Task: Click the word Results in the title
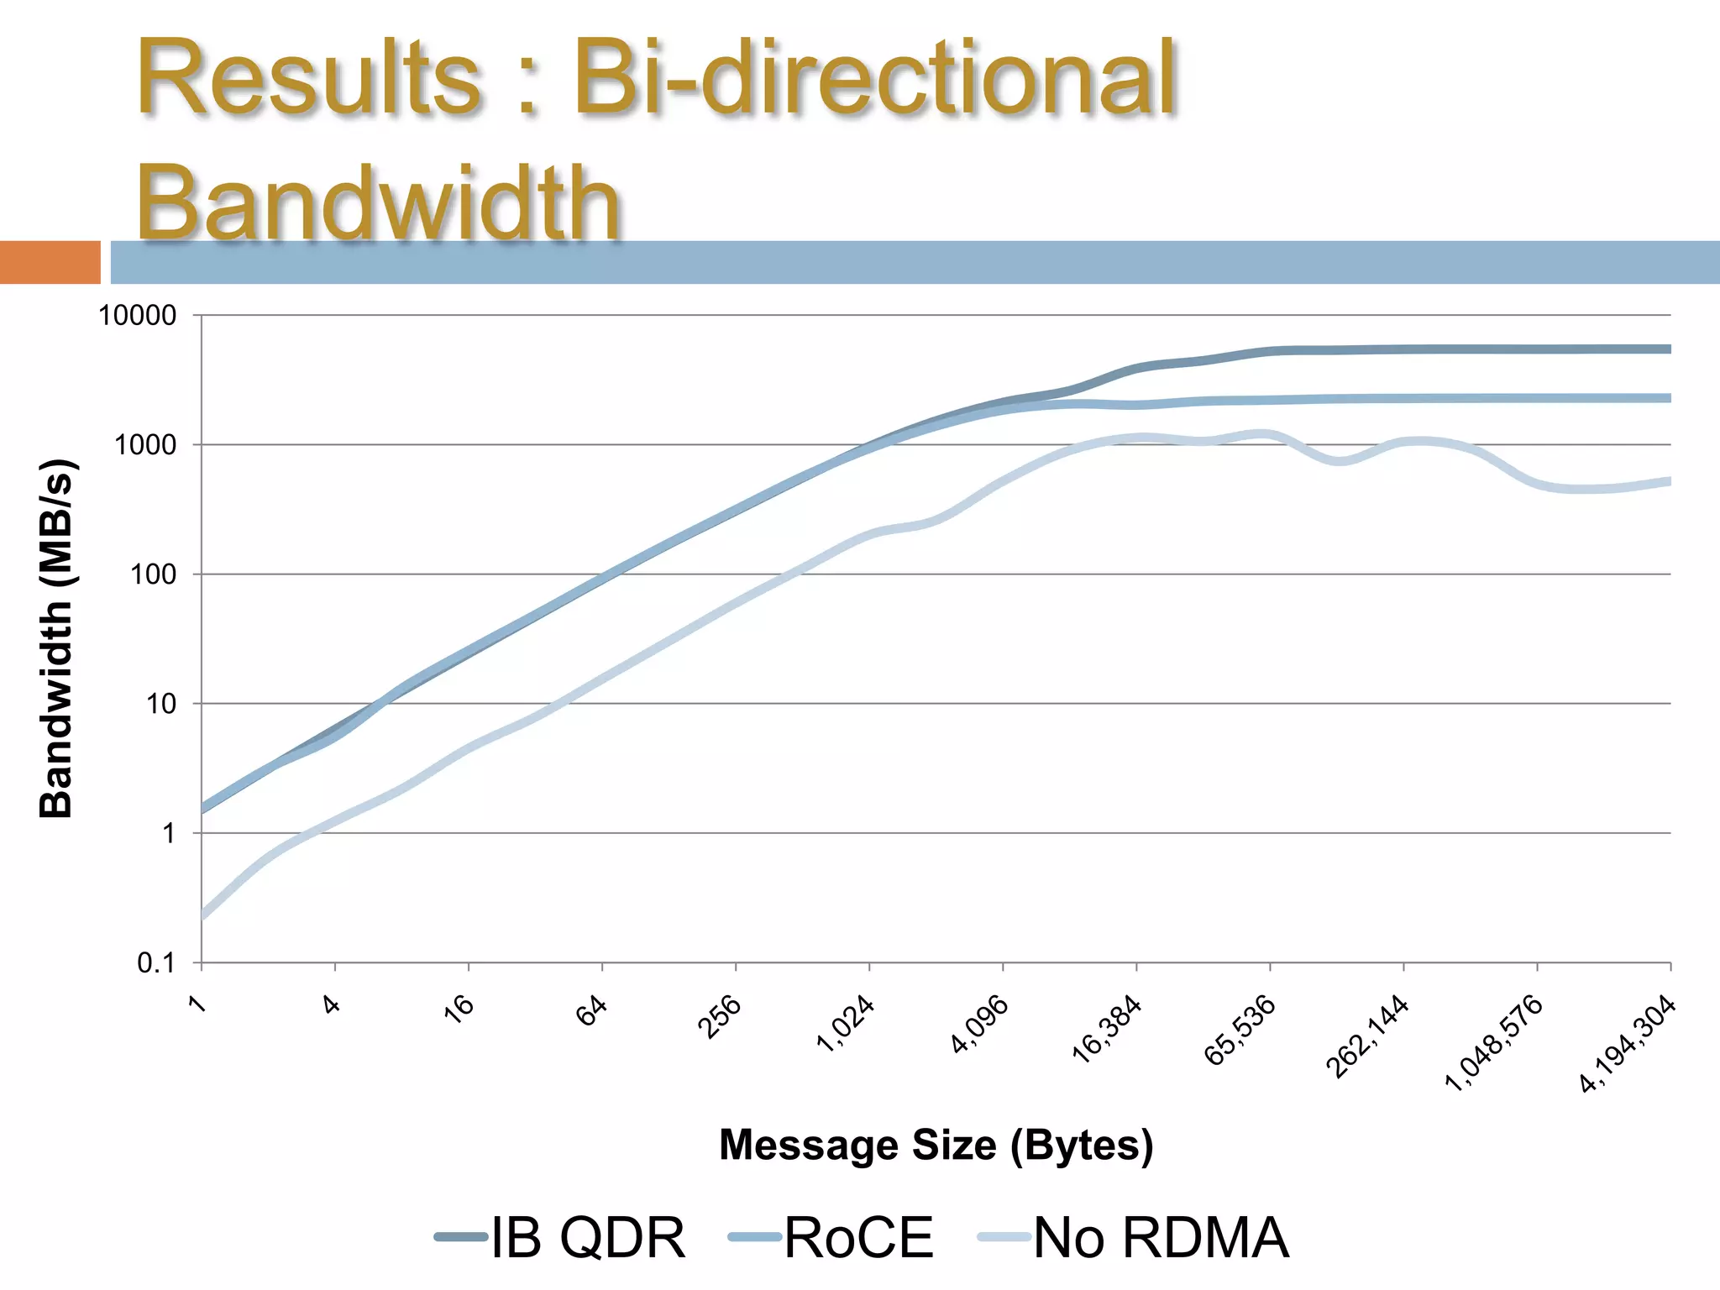tap(307, 79)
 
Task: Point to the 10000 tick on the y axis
tap(138, 316)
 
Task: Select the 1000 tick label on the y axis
tap(145, 445)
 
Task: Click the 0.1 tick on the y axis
tap(157, 963)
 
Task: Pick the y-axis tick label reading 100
tap(153, 574)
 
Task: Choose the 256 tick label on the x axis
tap(720, 1016)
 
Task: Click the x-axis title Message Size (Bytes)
tap(936, 1145)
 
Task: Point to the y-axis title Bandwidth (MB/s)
tap(57, 638)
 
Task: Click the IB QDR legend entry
tap(561, 1237)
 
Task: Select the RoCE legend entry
tap(831, 1237)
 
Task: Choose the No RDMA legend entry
tap(1134, 1237)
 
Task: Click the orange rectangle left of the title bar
tap(50, 262)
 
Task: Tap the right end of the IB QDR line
tap(1669, 349)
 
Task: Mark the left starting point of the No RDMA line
tap(203, 916)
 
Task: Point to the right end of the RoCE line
tap(1669, 398)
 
